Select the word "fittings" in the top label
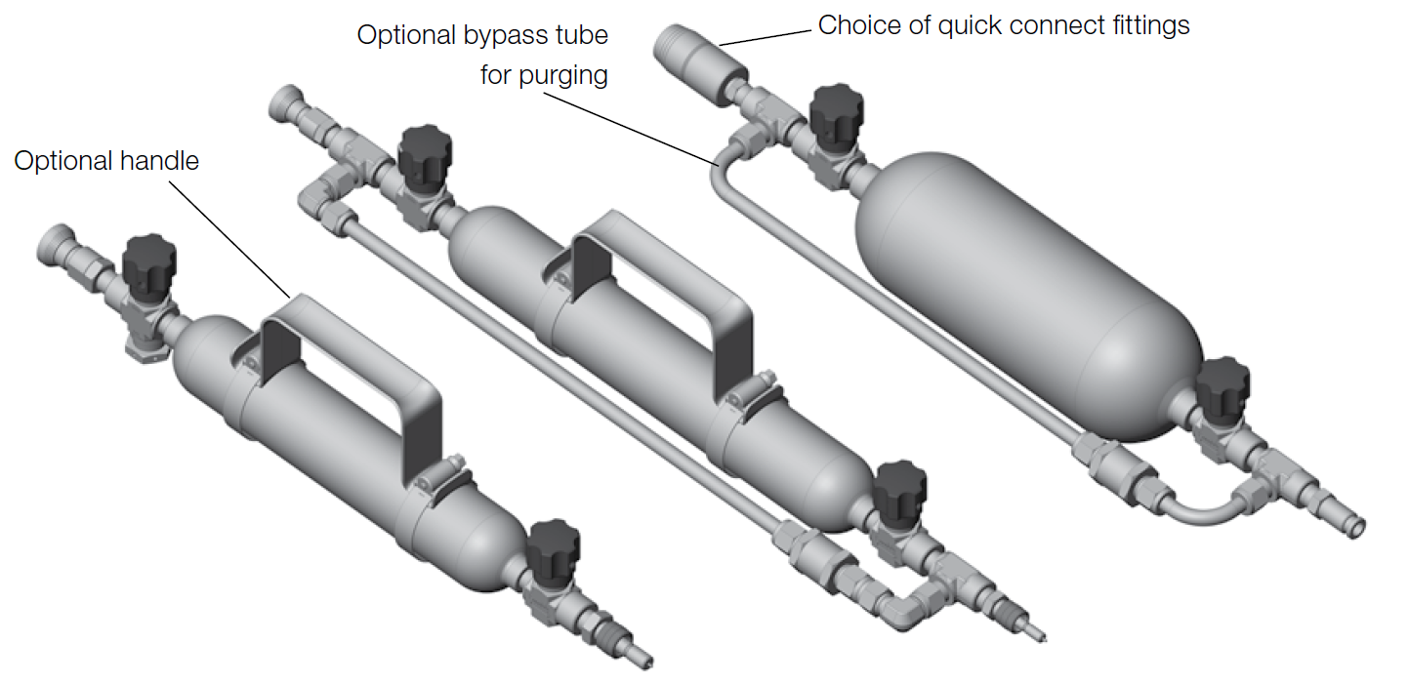pyautogui.click(x=1143, y=25)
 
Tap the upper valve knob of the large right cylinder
pyautogui.click(x=837, y=111)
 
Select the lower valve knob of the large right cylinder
pyautogui.click(x=1221, y=384)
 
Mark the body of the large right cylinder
pyautogui.click(x=1025, y=293)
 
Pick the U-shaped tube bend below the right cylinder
pyautogui.click(x=1196, y=507)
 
